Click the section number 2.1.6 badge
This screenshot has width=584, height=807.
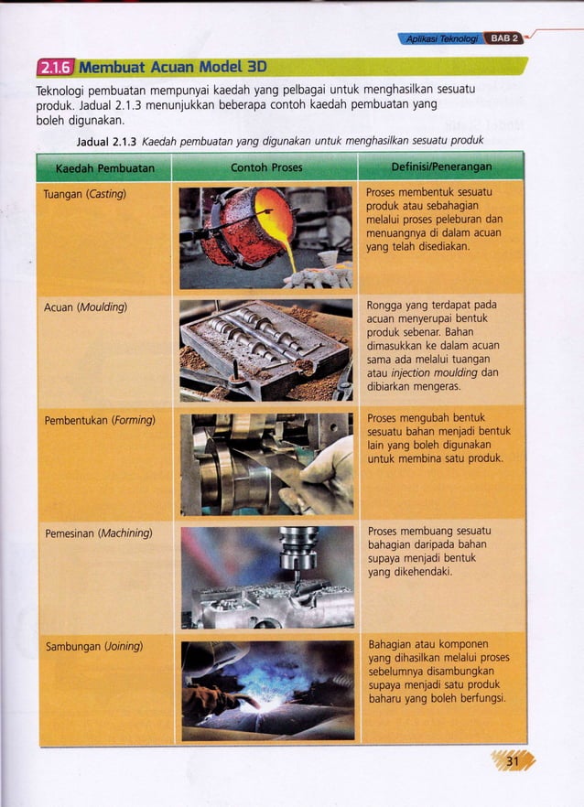click(x=54, y=66)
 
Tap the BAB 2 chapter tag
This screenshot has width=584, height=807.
click(x=503, y=38)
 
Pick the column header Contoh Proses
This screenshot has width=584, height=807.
click(x=265, y=168)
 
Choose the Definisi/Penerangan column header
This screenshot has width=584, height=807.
click(x=441, y=168)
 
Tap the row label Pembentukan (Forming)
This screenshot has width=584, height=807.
click(x=100, y=420)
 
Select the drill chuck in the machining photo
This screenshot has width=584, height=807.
click(x=298, y=549)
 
